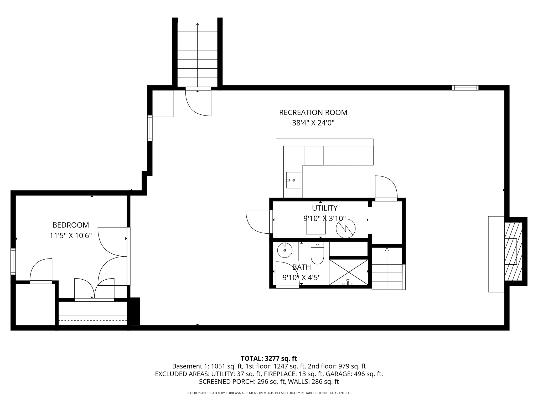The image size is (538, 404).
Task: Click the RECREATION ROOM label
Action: point(313,113)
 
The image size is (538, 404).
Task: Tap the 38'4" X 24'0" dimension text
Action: point(313,123)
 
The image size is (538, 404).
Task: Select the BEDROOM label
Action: point(71,225)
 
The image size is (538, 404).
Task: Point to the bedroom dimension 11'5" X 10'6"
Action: point(71,236)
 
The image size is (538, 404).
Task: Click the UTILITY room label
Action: point(324,208)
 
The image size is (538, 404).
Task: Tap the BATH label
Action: point(302,267)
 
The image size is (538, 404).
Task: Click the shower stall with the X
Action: point(349,272)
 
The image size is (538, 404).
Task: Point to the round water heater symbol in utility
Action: point(345,228)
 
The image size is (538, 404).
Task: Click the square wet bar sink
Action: point(293,180)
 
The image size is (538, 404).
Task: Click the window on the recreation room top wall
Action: point(465,88)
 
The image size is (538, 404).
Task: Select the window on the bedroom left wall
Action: point(13,261)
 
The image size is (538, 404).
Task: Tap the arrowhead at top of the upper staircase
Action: point(197,25)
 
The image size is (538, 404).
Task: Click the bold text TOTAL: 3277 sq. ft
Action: point(269,358)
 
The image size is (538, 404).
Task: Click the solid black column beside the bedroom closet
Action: point(135,311)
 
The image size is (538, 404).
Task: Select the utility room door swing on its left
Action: point(257,221)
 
